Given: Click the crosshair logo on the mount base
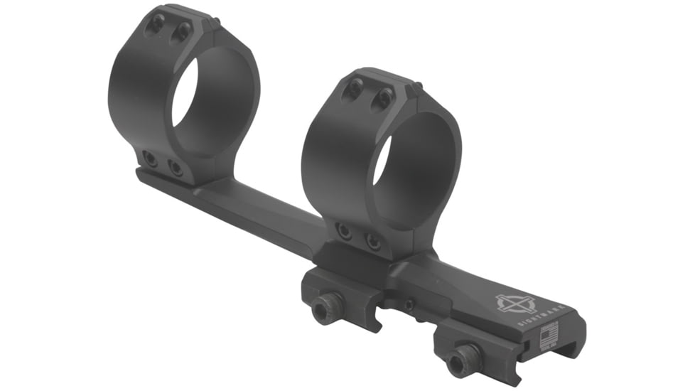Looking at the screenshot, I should tap(514, 304).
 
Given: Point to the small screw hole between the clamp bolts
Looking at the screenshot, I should tap(409, 306).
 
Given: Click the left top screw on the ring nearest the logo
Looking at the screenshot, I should tap(354, 88).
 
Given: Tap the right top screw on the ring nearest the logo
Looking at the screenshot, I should tap(384, 97).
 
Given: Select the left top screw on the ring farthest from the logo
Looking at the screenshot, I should tap(156, 23).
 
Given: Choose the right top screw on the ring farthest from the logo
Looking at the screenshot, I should tap(183, 31).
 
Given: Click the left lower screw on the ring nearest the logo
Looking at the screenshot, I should tap(344, 232).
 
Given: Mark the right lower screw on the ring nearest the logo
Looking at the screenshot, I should tap(373, 242).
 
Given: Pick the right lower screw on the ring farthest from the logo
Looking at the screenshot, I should tap(174, 167).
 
